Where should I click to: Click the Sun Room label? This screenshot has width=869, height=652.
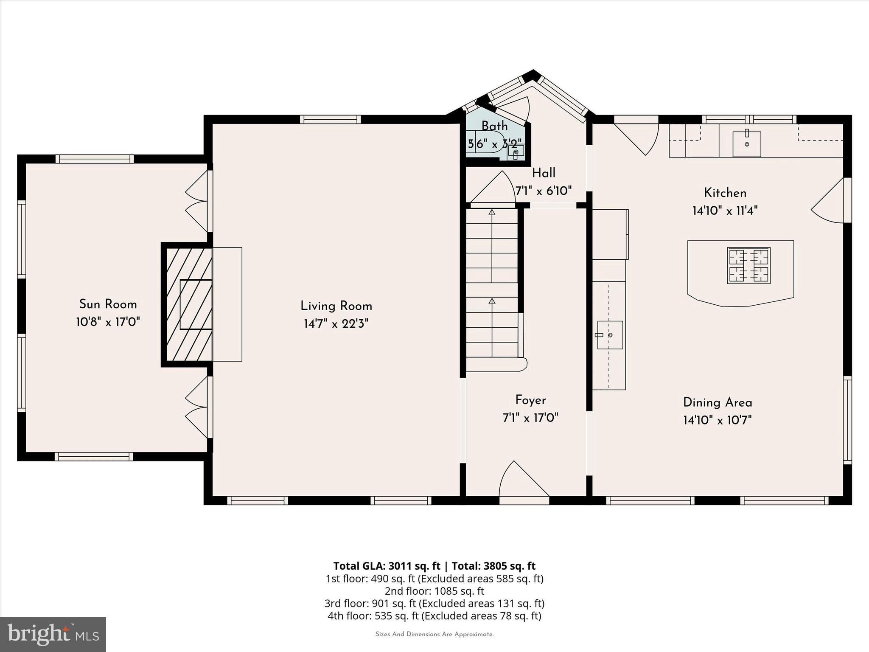pyautogui.click(x=108, y=304)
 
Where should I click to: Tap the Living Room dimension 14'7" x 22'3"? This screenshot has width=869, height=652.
pyautogui.click(x=336, y=324)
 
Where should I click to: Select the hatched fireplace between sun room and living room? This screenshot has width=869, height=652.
pyautogui.click(x=189, y=304)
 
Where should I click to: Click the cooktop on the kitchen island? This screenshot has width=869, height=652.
pyautogui.click(x=748, y=266)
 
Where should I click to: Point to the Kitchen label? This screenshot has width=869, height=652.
pyautogui.click(x=725, y=193)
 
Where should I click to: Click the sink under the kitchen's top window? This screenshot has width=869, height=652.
pyautogui.click(x=746, y=144)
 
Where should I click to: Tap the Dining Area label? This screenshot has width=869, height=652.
pyautogui.click(x=717, y=402)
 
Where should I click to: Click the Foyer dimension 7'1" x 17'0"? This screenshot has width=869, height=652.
pyautogui.click(x=530, y=418)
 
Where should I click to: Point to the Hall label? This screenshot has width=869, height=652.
pyautogui.click(x=544, y=173)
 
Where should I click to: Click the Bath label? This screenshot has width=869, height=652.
pyautogui.click(x=494, y=126)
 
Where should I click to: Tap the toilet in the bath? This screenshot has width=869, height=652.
pyautogui.click(x=484, y=144)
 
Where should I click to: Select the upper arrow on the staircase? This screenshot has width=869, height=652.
pyautogui.click(x=492, y=212)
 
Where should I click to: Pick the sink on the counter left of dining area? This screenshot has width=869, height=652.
pyautogui.click(x=610, y=335)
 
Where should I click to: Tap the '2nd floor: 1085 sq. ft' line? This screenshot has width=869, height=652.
pyautogui.click(x=434, y=591)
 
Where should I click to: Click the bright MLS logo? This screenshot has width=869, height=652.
pyautogui.click(x=53, y=634)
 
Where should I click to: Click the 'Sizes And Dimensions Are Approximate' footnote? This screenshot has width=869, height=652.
pyautogui.click(x=434, y=634)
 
